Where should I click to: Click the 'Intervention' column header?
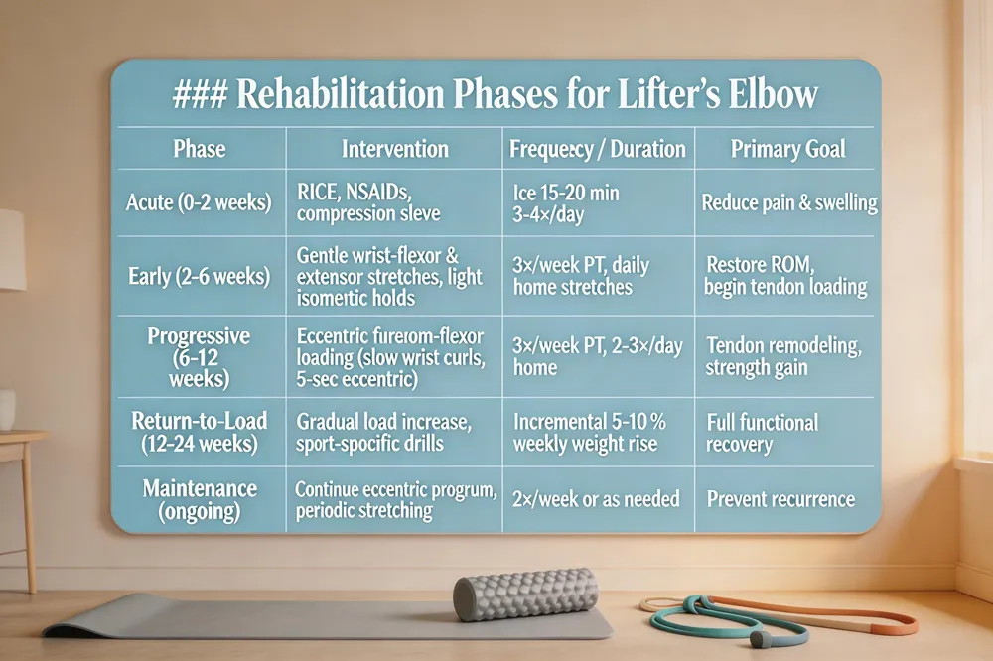394,149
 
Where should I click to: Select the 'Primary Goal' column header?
787,149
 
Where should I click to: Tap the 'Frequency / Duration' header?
597,149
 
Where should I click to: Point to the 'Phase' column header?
199,149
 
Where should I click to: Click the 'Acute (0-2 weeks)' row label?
199,202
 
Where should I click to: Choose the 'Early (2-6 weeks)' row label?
199,277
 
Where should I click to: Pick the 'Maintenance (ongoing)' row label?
199,499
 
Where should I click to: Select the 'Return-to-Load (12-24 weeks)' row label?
199,433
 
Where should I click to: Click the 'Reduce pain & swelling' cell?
789,202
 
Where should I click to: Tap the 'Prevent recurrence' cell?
780,498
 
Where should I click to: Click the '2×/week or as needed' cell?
596,498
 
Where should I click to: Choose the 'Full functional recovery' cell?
762,433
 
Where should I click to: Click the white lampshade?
10,248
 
